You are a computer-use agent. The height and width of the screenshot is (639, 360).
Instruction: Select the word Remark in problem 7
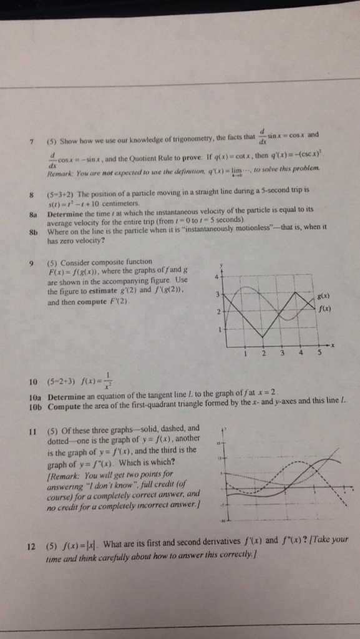click(61, 168)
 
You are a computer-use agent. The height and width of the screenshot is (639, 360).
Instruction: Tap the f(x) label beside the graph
click(324, 308)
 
